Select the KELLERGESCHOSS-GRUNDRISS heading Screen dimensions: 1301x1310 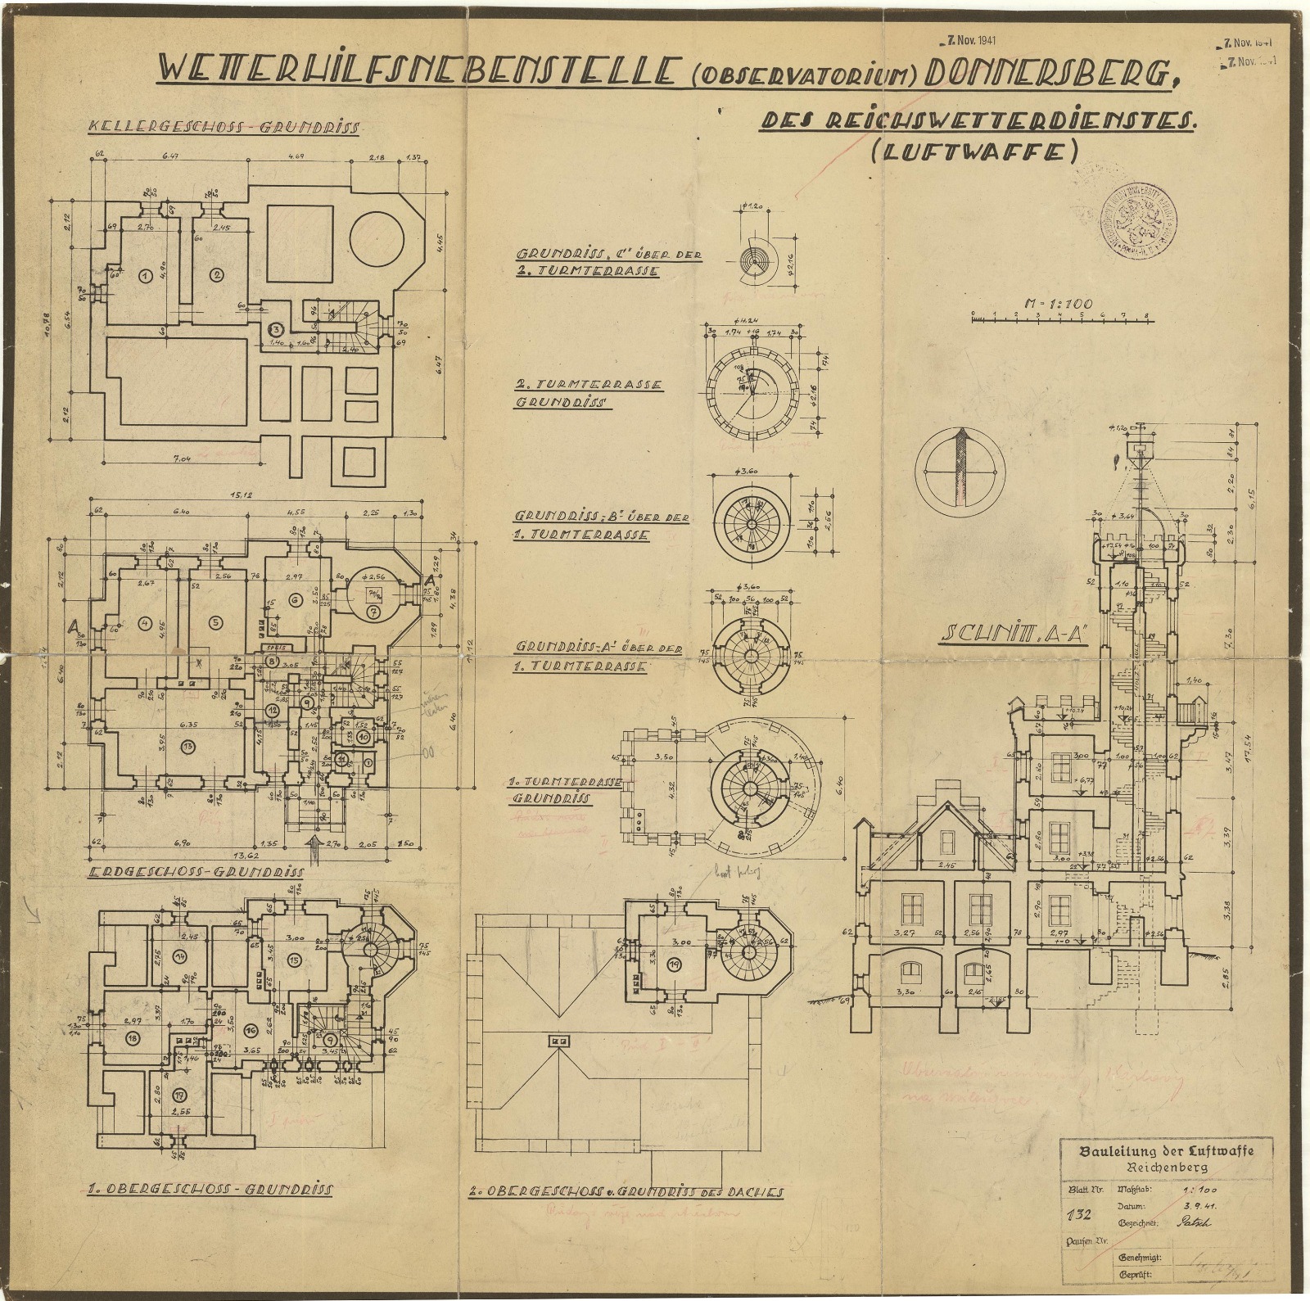(x=224, y=129)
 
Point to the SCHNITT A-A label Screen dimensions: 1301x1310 (x=1015, y=635)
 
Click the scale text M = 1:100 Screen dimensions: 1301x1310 (x=1059, y=304)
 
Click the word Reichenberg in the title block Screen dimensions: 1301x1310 (x=1166, y=1167)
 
